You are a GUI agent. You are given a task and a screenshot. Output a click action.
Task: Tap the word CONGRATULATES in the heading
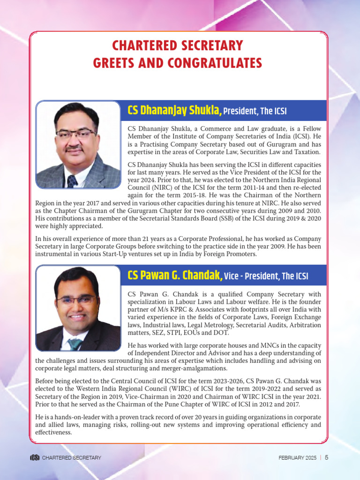click(x=215, y=62)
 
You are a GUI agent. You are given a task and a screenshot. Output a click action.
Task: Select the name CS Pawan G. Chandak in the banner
click(x=174, y=275)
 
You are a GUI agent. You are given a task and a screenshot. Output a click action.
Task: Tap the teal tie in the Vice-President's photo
click(x=75, y=344)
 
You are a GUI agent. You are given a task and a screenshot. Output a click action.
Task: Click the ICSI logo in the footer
click(x=34, y=457)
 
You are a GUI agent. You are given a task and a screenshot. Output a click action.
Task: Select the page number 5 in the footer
click(x=326, y=457)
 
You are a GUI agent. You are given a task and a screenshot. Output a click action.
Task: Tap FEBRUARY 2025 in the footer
click(x=297, y=457)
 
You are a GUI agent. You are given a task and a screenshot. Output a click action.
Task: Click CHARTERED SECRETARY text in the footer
click(x=71, y=457)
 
